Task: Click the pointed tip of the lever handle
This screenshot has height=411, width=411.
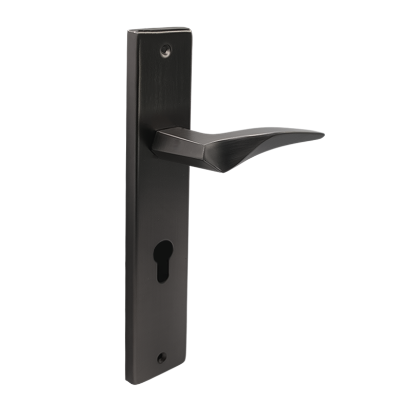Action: (x=323, y=135)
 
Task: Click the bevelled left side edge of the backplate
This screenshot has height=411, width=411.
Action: (x=129, y=206)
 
